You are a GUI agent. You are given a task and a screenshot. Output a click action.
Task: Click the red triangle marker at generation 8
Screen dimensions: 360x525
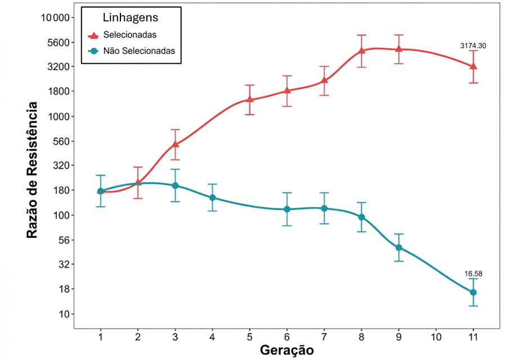[x=362, y=51]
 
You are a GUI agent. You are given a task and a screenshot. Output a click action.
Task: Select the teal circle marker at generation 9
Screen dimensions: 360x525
[x=399, y=247]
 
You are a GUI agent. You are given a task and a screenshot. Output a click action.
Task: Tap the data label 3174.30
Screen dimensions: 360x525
[x=473, y=46]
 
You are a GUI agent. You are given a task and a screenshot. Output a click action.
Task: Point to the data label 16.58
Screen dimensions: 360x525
[x=473, y=274]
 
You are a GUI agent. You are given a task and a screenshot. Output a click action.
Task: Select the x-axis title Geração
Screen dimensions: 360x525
[x=286, y=350]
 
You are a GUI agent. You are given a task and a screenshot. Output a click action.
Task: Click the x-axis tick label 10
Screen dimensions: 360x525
[x=436, y=337]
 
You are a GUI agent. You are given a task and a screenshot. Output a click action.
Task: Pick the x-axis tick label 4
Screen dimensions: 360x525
[x=212, y=337]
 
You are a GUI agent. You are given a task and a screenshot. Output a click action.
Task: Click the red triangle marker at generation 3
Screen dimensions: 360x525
[x=175, y=144]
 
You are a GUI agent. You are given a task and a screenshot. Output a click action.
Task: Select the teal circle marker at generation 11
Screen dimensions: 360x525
[x=473, y=292]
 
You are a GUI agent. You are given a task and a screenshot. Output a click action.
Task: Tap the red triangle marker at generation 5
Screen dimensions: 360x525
[x=250, y=100]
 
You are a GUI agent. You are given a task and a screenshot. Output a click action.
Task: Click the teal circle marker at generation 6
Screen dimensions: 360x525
[x=287, y=209]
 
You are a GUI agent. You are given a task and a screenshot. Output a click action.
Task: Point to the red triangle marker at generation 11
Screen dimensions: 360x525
[x=473, y=66]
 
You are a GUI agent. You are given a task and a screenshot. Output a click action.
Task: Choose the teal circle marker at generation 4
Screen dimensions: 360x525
[x=213, y=197]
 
